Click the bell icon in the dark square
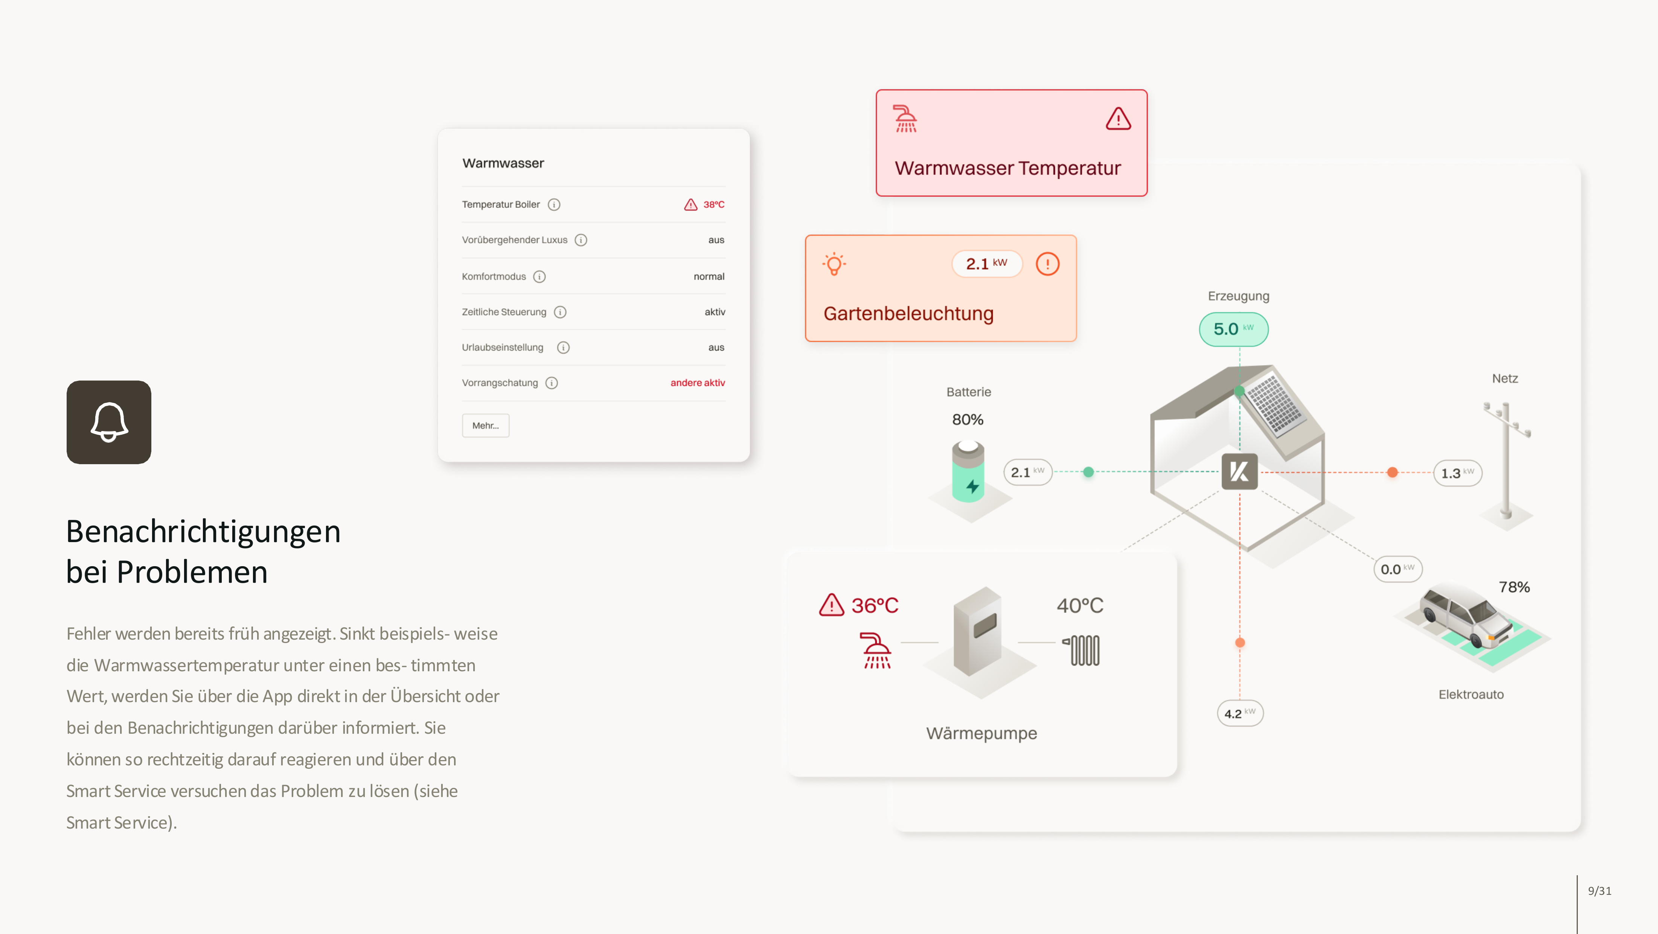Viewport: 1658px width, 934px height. click(109, 422)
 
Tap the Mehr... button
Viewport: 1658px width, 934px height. click(485, 425)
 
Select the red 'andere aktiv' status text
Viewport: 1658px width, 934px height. click(698, 383)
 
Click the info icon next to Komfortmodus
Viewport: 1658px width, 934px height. click(539, 277)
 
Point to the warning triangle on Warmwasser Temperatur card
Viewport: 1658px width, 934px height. click(1118, 119)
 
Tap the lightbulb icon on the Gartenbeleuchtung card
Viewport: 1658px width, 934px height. click(834, 264)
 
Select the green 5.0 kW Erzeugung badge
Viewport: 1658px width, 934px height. click(1233, 329)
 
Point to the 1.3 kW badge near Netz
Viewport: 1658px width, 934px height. click(1457, 473)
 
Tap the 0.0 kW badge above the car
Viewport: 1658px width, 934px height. click(1397, 569)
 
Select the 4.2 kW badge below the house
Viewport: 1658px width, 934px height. click(1240, 713)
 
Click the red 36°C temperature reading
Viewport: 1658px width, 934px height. click(874, 606)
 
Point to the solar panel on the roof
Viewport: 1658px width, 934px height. click(1274, 403)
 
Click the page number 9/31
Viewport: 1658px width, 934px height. click(1599, 891)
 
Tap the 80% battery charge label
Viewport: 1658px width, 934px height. click(968, 420)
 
